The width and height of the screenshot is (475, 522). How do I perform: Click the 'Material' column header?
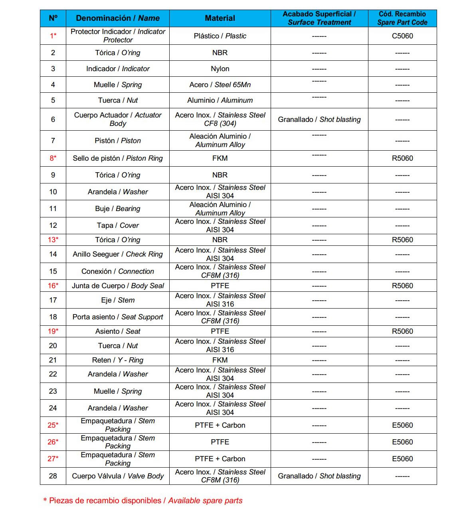[x=220, y=18]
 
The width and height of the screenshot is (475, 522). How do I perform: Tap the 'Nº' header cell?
[x=53, y=18]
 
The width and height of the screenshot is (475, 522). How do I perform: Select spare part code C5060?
[x=402, y=36]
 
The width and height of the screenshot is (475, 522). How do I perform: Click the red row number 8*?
[x=53, y=158]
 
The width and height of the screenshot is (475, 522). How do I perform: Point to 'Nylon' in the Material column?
[x=220, y=69]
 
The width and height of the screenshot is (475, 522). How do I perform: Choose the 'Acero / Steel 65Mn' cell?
[x=220, y=85]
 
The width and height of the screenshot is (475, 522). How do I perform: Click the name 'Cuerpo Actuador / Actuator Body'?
[x=118, y=119]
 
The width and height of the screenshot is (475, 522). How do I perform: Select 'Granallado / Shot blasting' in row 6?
[x=319, y=120]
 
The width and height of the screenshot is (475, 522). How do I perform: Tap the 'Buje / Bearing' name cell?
[x=118, y=209]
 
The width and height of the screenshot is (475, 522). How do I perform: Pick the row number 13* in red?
[x=53, y=240]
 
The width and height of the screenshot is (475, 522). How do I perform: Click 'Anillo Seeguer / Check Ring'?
[x=118, y=254]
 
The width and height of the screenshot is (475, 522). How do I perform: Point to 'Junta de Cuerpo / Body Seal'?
[x=118, y=286]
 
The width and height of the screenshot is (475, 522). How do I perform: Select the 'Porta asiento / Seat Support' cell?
[x=118, y=317]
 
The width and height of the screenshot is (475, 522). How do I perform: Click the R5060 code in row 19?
[x=402, y=331]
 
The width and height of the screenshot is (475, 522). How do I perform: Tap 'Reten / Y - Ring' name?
[x=118, y=360]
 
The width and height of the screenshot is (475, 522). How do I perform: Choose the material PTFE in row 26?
[x=220, y=442]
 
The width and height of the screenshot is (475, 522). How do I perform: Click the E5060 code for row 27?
[x=402, y=459]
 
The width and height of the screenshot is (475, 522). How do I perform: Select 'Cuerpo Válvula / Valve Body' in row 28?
[x=118, y=476]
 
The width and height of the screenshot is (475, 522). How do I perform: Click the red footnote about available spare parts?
[x=143, y=501]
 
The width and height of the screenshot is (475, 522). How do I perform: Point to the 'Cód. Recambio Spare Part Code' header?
[x=402, y=18]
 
